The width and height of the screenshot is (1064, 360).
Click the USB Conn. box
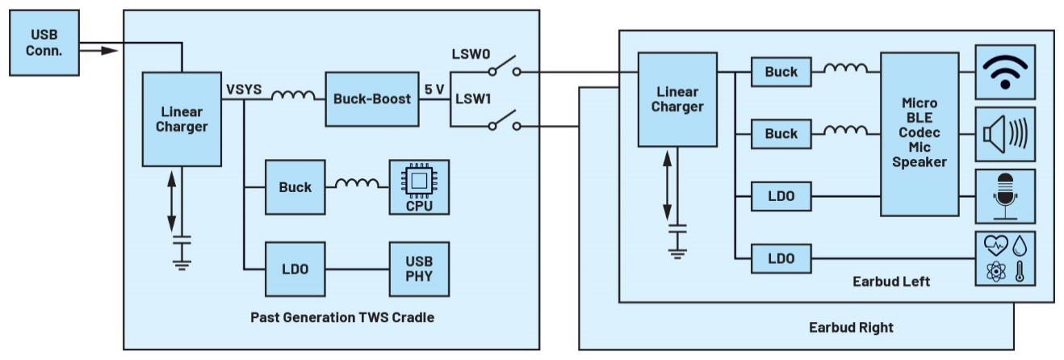(x=46, y=43)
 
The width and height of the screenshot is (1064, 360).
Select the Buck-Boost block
(x=372, y=99)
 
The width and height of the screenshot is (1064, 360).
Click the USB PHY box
(x=418, y=268)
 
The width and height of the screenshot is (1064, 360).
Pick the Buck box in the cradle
(x=295, y=187)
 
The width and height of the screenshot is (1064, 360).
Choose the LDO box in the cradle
(x=295, y=268)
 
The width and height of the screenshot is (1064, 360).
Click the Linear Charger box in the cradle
(x=183, y=119)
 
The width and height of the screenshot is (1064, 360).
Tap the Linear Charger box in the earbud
(x=678, y=98)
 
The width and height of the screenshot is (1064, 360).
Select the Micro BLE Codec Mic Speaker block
(x=921, y=133)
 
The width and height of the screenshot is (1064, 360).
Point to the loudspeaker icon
(x=1005, y=134)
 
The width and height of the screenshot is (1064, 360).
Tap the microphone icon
(x=1005, y=196)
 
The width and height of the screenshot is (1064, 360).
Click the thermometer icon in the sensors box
(x=1020, y=270)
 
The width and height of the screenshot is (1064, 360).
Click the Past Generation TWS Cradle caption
(x=341, y=317)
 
